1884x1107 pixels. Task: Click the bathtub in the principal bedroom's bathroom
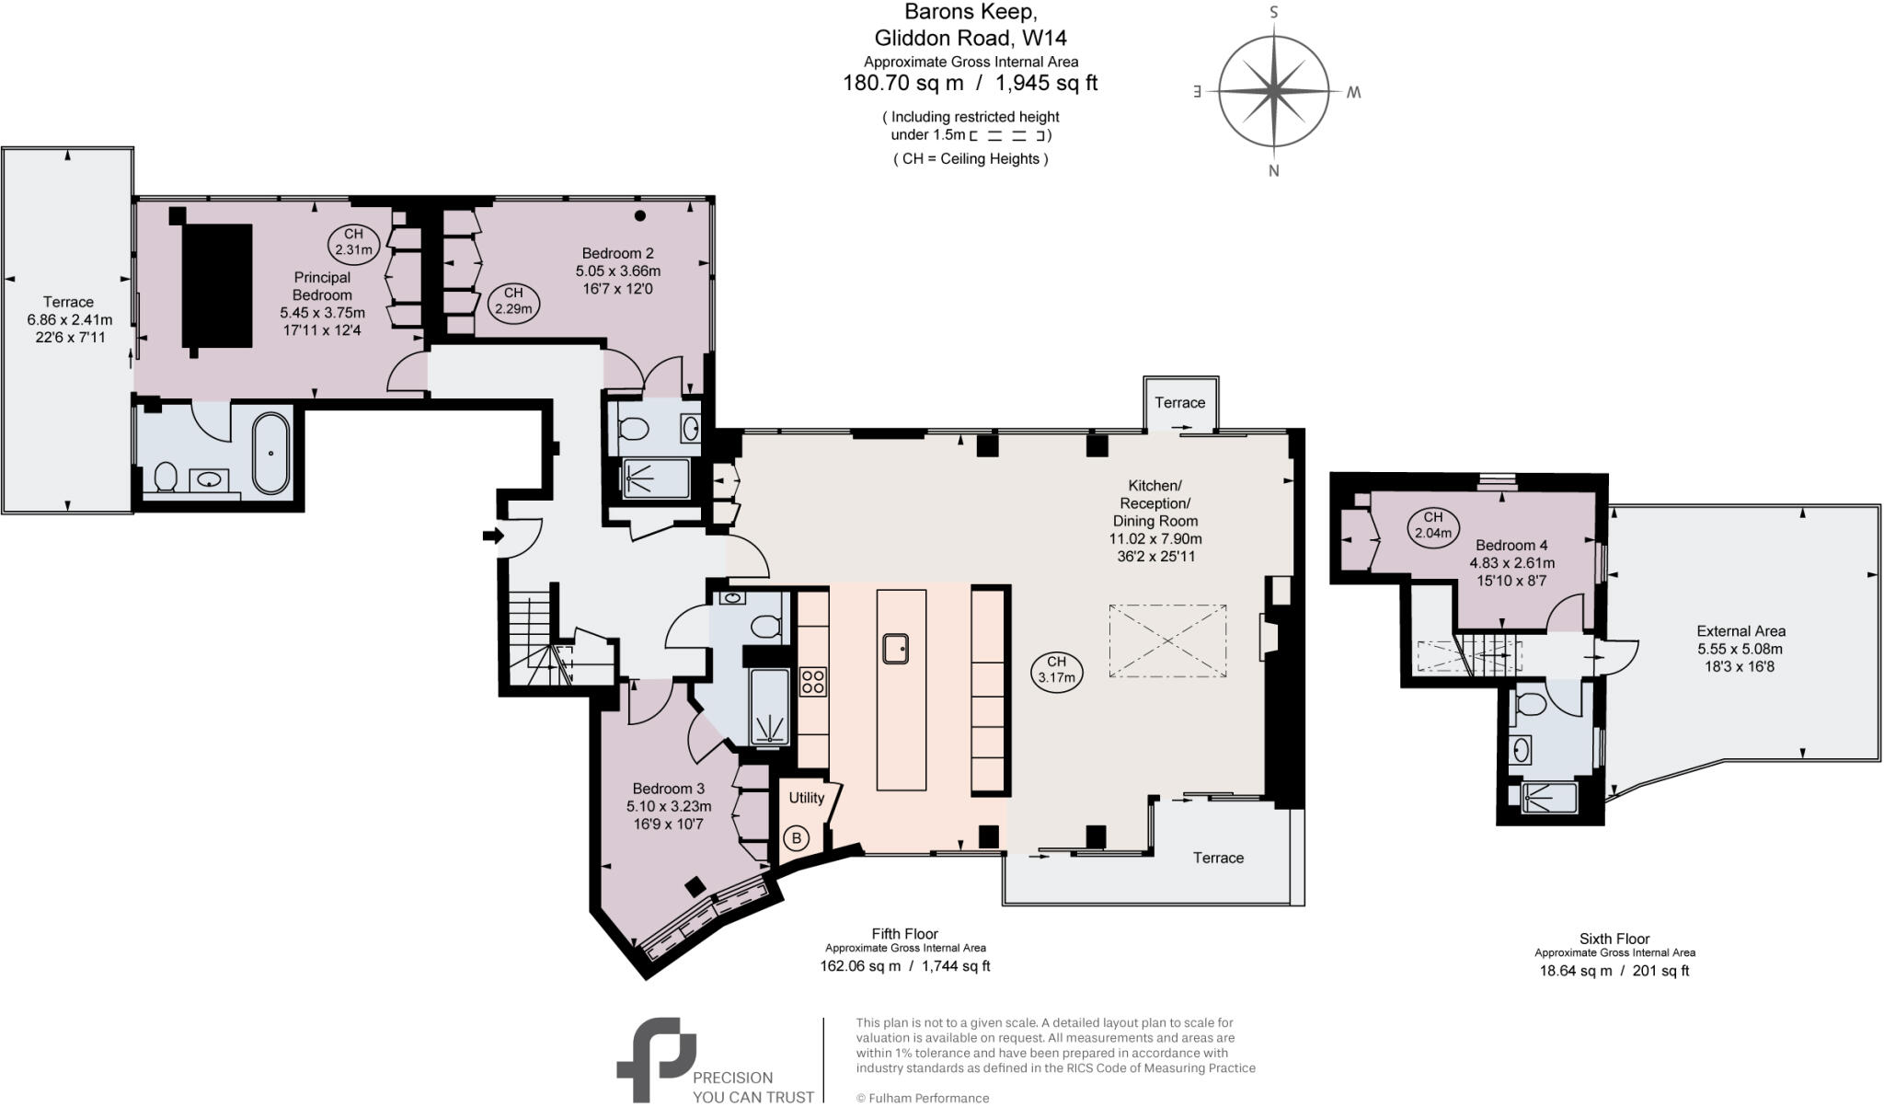[270, 453]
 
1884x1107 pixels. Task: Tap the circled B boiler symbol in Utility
[797, 837]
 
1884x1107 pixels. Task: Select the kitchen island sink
[896, 648]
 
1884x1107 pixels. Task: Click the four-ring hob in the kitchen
[813, 682]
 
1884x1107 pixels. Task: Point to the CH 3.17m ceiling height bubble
[1056, 670]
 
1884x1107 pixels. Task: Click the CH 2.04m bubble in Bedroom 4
[1433, 525]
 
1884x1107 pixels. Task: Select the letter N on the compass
[1273, 170]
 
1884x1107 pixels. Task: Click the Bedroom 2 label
[617, 253]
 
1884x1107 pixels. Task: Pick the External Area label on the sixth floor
[1740, 631]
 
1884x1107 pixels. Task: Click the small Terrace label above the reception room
[1179, 402]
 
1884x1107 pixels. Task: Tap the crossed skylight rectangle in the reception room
[1167, 640]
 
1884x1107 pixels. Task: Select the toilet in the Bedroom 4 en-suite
[1530, 706]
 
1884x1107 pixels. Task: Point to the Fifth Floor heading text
[904, 933]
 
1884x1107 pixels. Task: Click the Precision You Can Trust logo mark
[655, 1057]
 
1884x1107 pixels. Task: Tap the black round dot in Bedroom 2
[640, 216]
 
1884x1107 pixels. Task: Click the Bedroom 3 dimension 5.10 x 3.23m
[669, 806]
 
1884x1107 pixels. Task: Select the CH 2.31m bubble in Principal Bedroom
[353, 242]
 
